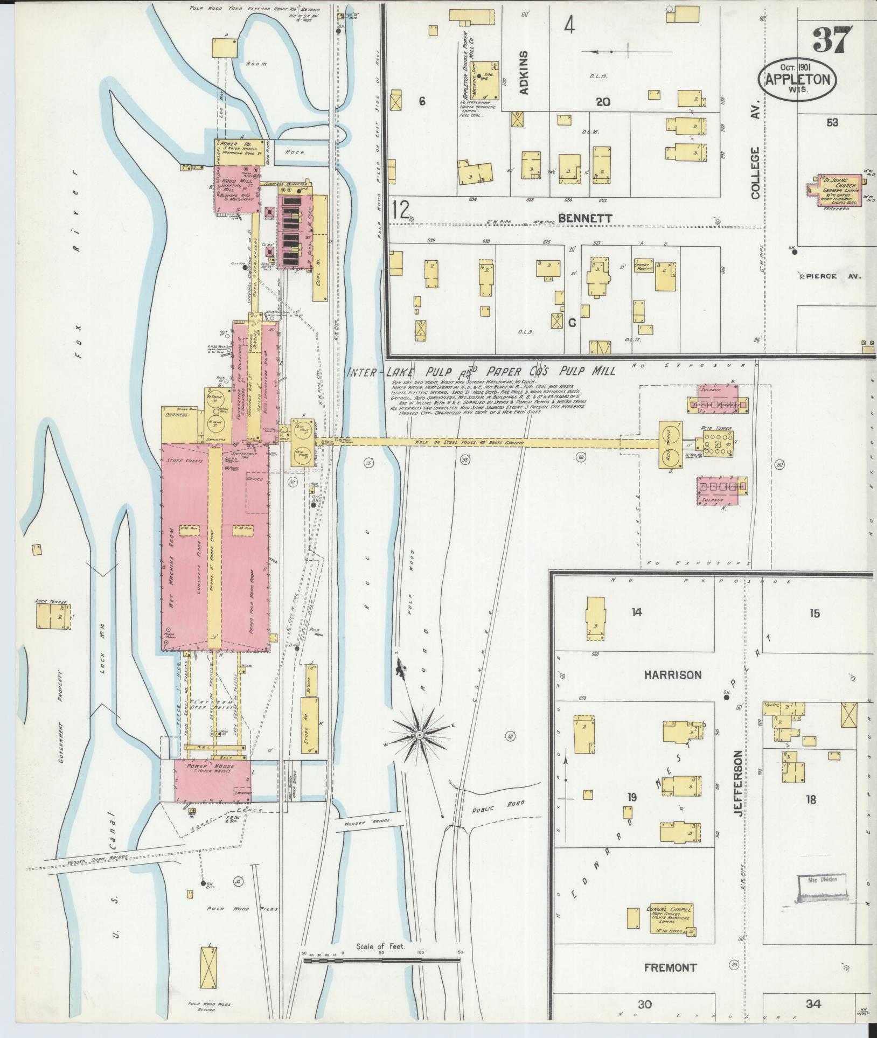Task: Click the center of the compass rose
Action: point(419,735)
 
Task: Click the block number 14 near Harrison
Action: point(637,612)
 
